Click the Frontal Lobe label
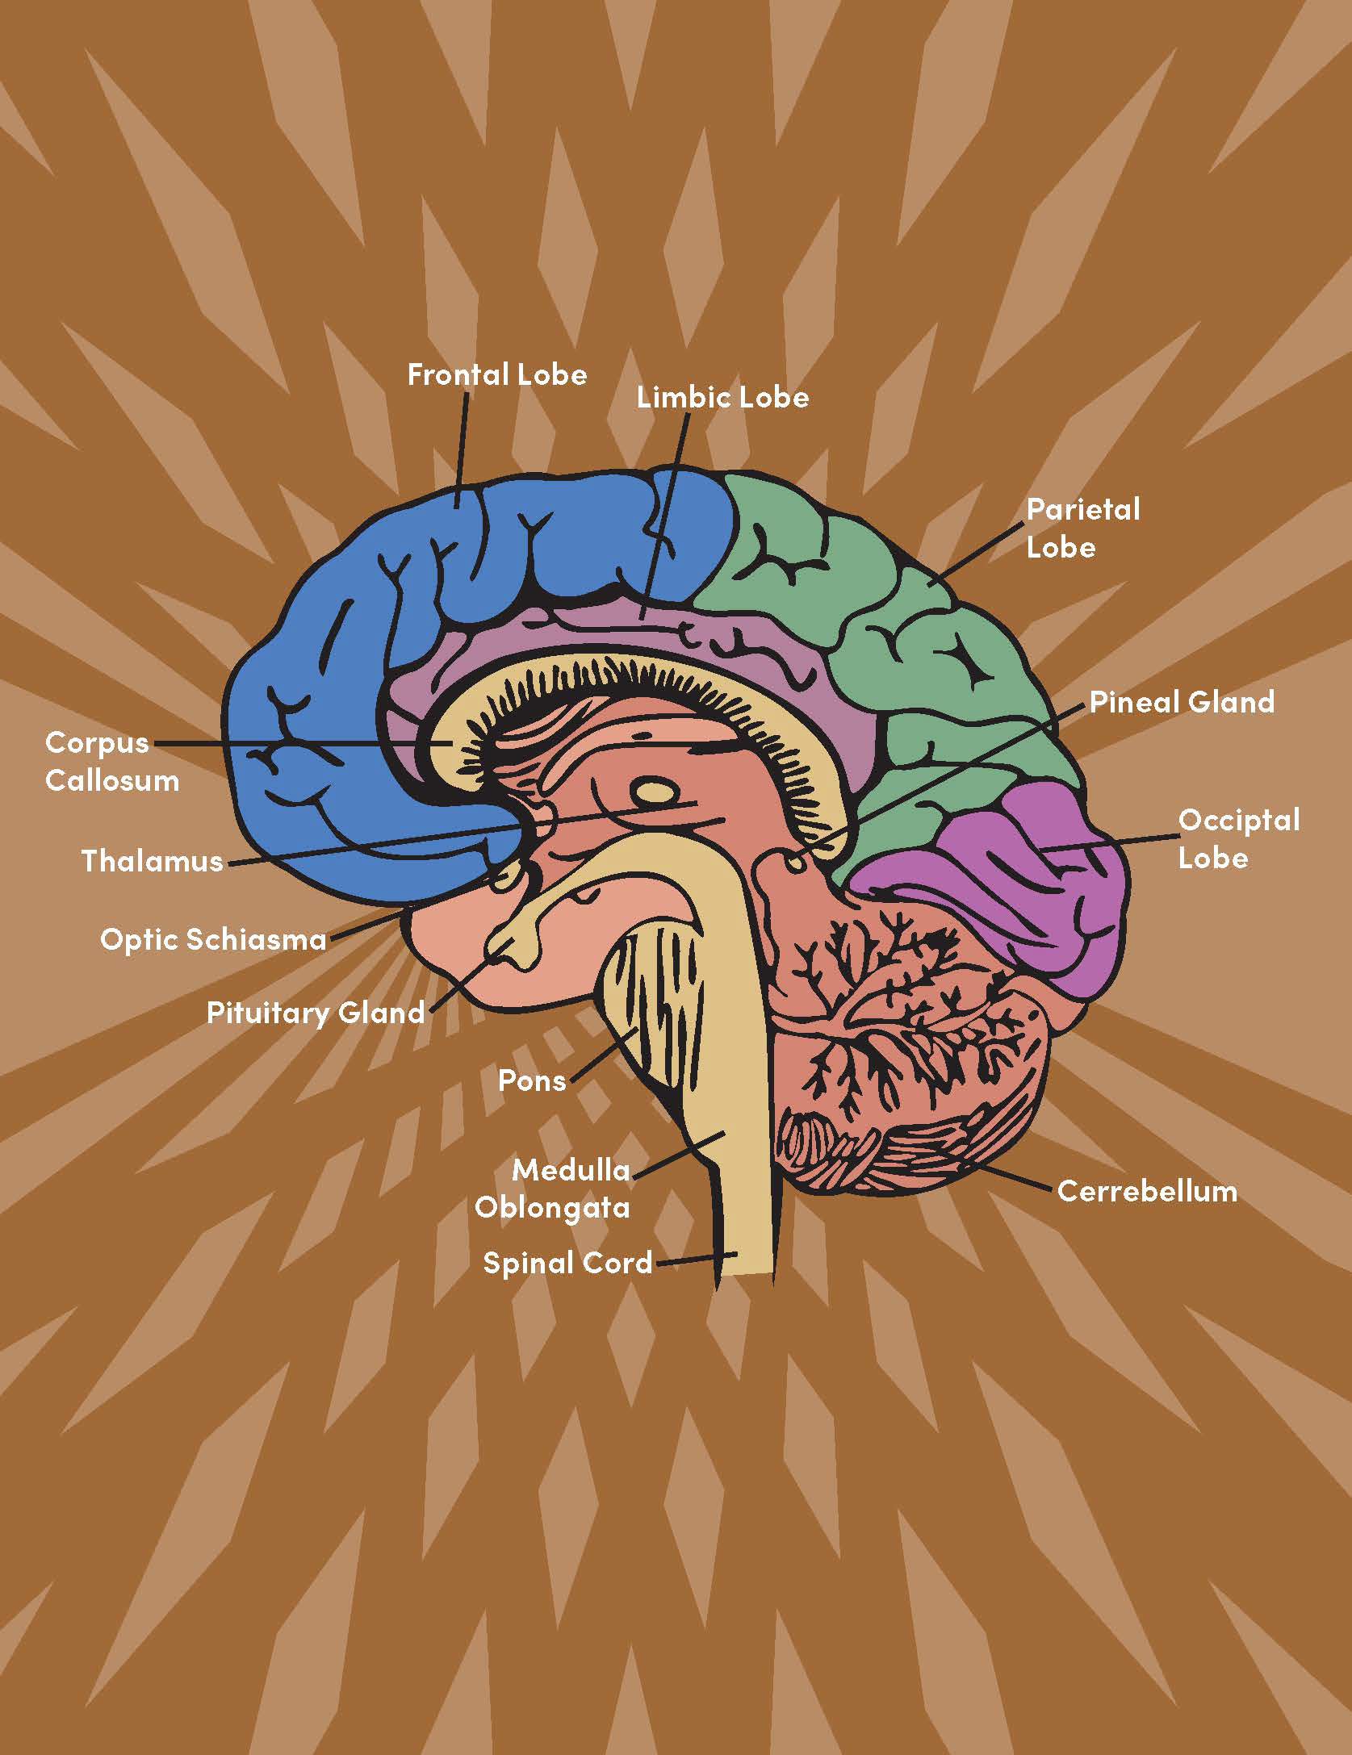click(x=497, y=375)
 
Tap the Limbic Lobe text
click(x=722, y=398)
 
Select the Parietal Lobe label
click(x=1082, y=529)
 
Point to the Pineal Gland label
click(x=1182, y=702)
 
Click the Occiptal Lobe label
click(x=1238, y=839)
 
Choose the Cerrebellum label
click(x=1147, y=1191)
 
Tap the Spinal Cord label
click(x=567, y=1263)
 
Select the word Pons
click(x=532, y=1080)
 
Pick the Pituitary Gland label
click(x=316, y=1013)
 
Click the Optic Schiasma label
click(x=213, y=938)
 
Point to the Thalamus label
click(x=152, y=861)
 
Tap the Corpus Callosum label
click(x=112, y=761)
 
